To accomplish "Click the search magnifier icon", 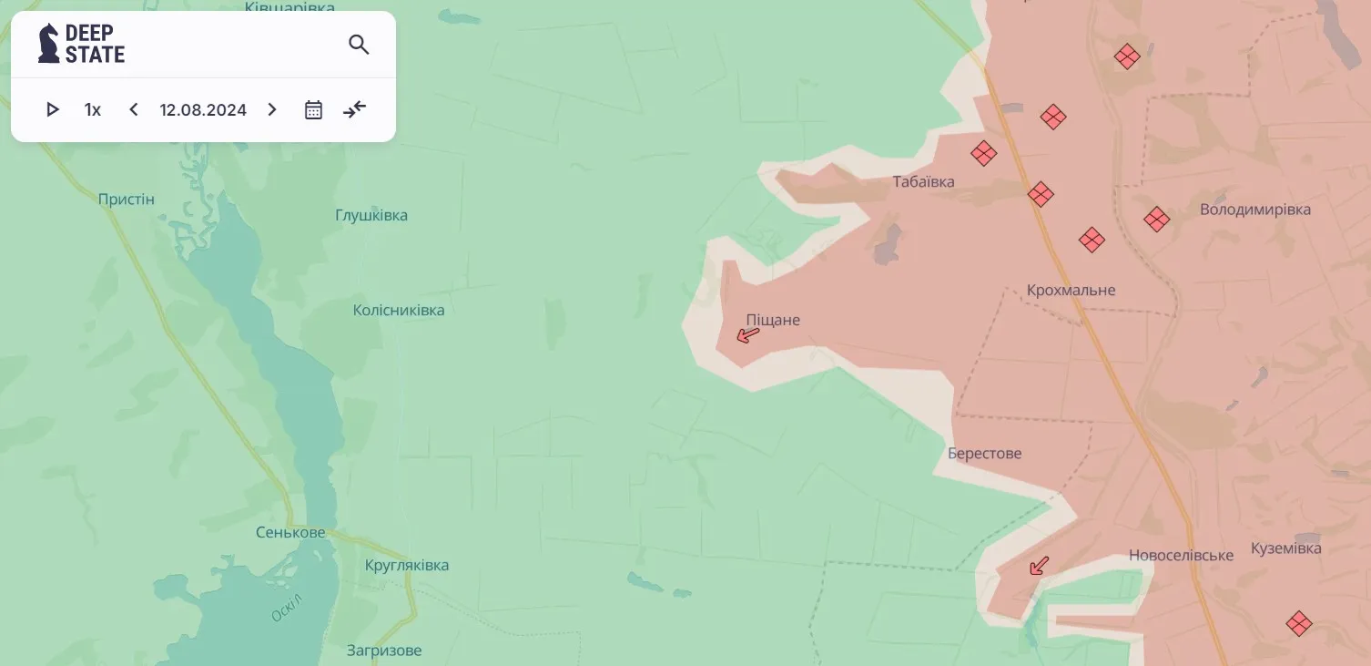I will (359, 45).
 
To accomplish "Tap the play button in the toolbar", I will (53, 110).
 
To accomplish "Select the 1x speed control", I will (93, 110).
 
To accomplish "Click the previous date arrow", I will (134, 110).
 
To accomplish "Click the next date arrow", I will (271, 110).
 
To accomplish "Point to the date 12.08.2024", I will (203, 110).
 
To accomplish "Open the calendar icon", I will (313, 110).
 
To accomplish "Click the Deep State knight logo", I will (48, 44).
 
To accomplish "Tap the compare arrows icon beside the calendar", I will (354, 110).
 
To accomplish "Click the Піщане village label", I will (773, 320).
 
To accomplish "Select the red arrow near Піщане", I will (747, 335).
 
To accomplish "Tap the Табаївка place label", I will (923, 182).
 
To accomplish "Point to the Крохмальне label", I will (1071, 290).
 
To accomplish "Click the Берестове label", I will (984, 453).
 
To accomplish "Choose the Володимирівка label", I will (1255, 210).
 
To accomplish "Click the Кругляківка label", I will (406, 565).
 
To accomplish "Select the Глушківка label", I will (371, 216).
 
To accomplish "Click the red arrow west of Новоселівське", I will (1038, 566).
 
